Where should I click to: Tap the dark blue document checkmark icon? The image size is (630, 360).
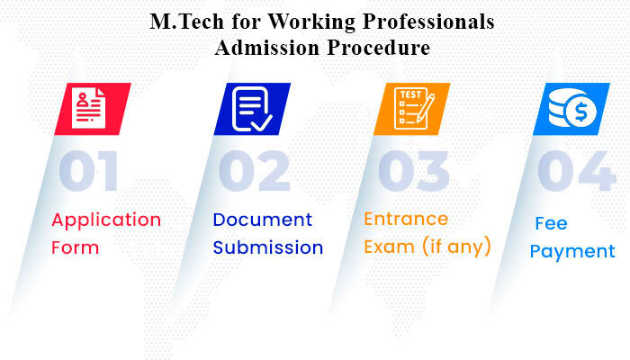coord(252,109)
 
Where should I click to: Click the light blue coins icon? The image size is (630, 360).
coord(571,109)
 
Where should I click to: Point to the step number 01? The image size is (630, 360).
coord(89,171)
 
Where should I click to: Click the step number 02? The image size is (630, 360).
coord(255,171)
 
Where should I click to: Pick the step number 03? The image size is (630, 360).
coord(414,171)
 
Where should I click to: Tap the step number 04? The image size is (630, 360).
coord(577,171)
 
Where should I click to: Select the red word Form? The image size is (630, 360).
coord(76,247)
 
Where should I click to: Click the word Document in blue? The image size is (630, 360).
coord(263,220)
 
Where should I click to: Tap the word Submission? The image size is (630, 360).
coord(268,247)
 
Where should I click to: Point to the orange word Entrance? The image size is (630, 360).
coord(406,219)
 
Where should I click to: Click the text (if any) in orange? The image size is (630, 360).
coord(456,246)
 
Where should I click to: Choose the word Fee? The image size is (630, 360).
coord(551,223)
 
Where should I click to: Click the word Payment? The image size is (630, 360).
coord(572,252)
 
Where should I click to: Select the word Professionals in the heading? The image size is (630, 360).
coord(428,22)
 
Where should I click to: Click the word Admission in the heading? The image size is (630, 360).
coord(267,48)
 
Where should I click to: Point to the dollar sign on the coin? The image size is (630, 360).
coord(581,112)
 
